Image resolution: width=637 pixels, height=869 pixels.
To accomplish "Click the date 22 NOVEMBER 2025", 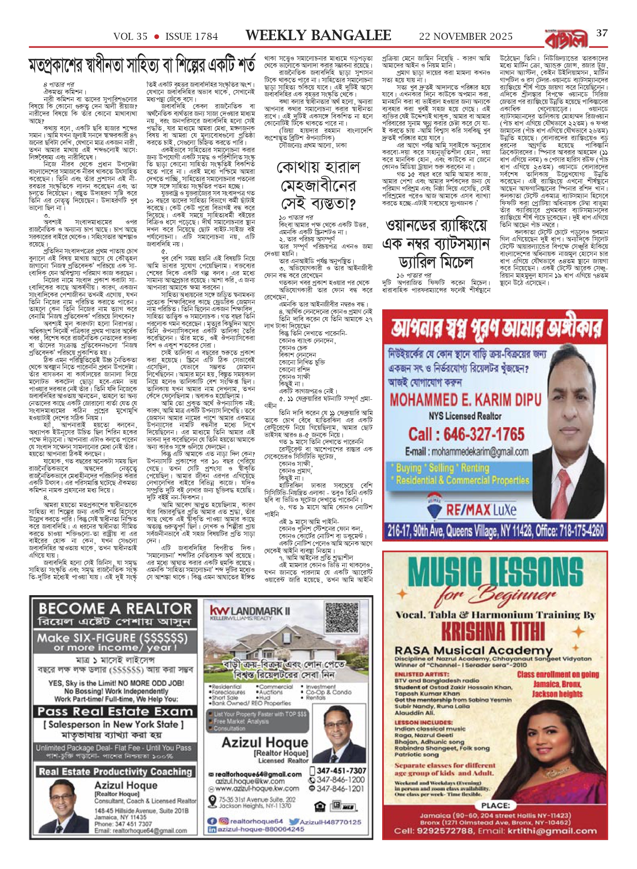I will pos(466,37).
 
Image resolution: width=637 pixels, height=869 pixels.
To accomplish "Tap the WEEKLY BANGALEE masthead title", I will pos(318,36).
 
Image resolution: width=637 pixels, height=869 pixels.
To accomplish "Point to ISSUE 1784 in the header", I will pos(191,37).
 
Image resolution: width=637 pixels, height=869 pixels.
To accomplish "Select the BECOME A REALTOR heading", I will pos(115,609).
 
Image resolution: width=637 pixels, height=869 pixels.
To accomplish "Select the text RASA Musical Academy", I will pos(473,651).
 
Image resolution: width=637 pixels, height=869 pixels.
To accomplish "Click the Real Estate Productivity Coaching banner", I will pos(115,772).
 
